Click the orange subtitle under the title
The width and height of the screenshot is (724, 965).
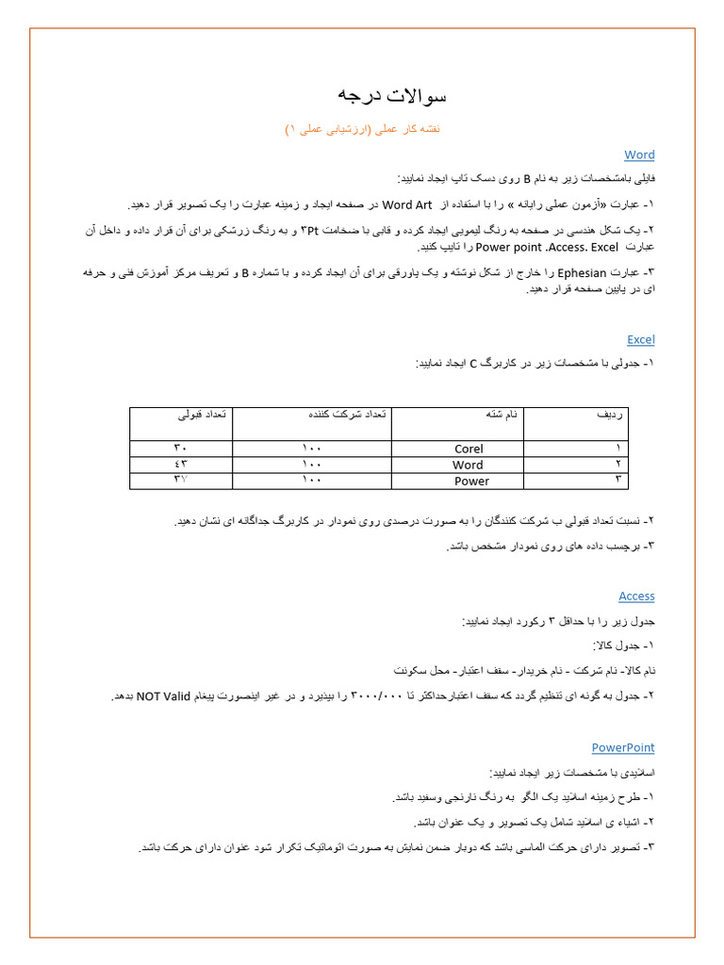363,128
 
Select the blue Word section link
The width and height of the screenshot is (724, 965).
639,155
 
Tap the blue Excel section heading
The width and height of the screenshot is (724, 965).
640,339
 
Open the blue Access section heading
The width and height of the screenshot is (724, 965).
636,597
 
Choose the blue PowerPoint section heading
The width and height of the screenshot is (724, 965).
623,747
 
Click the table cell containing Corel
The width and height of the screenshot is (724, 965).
469,450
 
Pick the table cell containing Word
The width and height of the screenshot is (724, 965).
468,466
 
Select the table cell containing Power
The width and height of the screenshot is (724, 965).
471,482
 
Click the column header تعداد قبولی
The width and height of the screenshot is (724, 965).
195,415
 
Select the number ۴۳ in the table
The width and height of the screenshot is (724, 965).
180,466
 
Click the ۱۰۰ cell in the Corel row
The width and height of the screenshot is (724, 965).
312,450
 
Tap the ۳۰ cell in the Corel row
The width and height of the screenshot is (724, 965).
180,450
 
